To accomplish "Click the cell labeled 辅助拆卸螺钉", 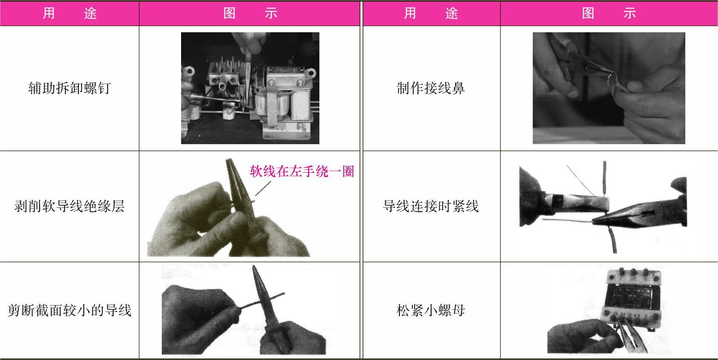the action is (x=69, y=88).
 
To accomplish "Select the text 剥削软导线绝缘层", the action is (x=69, y=206).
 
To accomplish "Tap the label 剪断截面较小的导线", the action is (x=69, y=310).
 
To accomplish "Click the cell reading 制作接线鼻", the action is (x=430, y=88).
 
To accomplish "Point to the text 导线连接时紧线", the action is (x=430, y=206).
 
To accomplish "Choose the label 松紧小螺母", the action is (x=430, y=310).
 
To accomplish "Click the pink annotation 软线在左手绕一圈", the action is (x=302, y=171).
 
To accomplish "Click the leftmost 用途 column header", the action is (x=69, y=13).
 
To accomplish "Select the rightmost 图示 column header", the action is (x=609, y=13).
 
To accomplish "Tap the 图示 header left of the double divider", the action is (x=250, y=13).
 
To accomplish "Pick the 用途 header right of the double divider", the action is (x=430, y=13).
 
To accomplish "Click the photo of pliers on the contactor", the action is (x=250, y=88).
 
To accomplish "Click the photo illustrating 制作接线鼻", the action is (x=609, y=88).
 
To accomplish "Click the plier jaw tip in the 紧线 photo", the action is (x=594, y=220).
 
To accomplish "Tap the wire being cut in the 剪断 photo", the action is (x=261, y=300).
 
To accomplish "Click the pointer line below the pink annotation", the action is (x=263, y=189).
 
